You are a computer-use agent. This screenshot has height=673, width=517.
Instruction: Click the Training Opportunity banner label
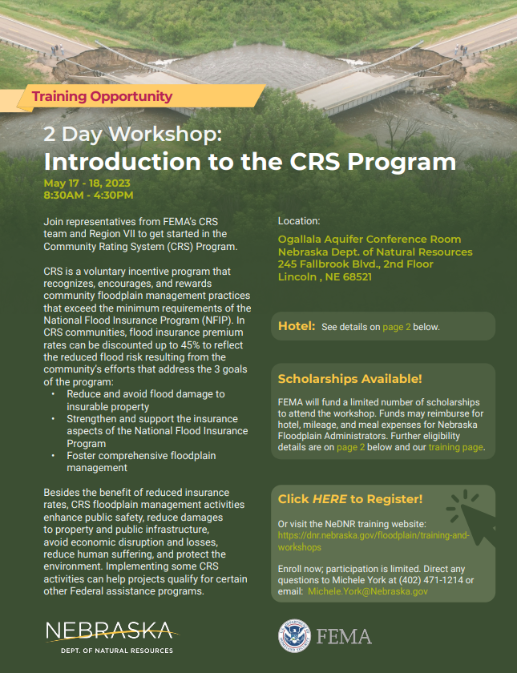102,97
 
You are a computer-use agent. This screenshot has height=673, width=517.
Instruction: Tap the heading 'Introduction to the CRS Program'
249,161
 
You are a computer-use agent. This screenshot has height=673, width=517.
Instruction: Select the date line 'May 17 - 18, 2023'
87,183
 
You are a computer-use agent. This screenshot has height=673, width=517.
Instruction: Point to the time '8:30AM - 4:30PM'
88,195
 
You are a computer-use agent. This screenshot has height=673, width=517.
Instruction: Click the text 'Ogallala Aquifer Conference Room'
370,240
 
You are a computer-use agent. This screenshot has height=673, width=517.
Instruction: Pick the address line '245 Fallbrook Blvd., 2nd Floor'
355,264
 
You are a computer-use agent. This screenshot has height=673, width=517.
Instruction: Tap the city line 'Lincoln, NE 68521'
325,277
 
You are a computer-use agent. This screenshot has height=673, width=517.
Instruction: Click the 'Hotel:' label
296,326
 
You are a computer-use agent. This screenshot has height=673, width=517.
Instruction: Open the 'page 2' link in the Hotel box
398,327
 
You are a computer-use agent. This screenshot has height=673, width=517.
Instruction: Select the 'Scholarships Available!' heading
349,379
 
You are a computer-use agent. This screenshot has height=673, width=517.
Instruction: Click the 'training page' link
455,447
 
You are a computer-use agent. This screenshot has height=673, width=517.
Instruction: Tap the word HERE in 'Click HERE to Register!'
329,499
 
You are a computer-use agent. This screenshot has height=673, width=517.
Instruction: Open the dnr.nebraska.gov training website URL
374,541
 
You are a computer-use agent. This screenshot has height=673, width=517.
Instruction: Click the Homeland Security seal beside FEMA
294,636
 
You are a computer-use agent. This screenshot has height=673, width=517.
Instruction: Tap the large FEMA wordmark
344,637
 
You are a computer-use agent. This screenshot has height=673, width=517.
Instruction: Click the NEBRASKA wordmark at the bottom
107,630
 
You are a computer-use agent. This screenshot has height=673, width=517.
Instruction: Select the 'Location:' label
299,220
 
